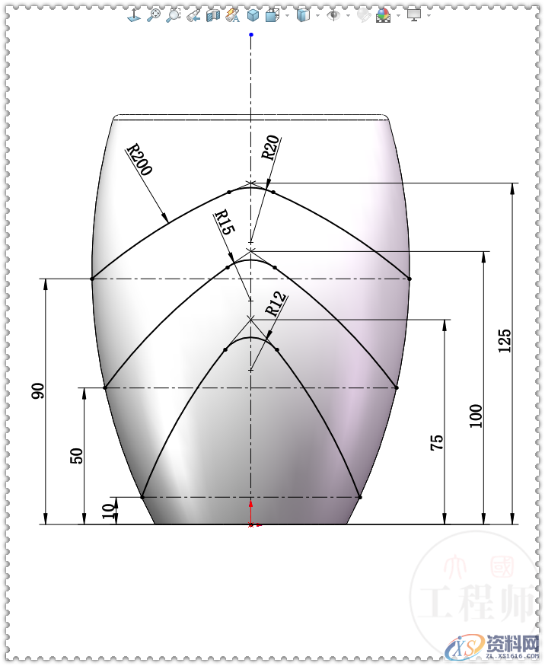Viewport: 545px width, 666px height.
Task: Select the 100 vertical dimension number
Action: click(x=476, y=416)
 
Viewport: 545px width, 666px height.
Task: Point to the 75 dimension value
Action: click(x=438, y=443)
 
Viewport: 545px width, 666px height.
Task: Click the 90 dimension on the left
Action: click(x=38, y=391)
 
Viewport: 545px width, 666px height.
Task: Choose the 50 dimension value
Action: click(x=76, y=455)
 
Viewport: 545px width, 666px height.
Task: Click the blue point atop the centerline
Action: click(x=251, y=34)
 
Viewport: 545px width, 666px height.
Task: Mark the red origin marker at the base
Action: click(x=251, y=505)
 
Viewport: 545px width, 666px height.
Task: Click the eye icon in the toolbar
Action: click(x=333, y=14)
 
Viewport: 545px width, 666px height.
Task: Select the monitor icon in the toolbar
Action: click(x=414, y=14)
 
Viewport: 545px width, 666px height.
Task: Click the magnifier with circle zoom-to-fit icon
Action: click(x=155, y=14)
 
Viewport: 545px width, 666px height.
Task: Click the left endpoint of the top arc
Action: click(x=92, y=279)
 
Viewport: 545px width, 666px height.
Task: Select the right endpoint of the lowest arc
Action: click(x=359, y=496)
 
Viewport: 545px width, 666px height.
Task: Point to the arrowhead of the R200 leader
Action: click(x=165, y=221)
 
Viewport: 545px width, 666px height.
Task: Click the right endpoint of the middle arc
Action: click(x=397, y=387)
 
